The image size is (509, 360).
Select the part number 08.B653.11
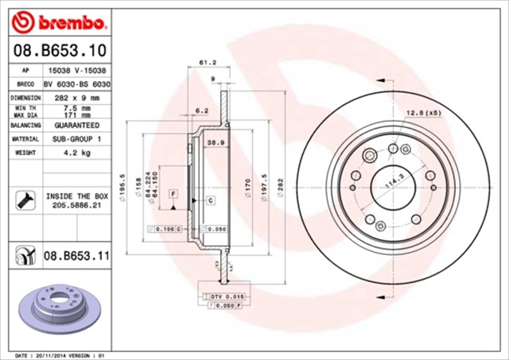pos(76,256)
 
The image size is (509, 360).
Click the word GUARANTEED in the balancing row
pos(77,126)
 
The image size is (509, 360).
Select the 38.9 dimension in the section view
pos(213,142)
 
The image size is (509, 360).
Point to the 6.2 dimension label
pos(201,110)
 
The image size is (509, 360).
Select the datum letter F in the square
pos(173,194)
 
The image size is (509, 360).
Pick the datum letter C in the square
pos(209,200)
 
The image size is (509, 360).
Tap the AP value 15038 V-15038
pos(77,70)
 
